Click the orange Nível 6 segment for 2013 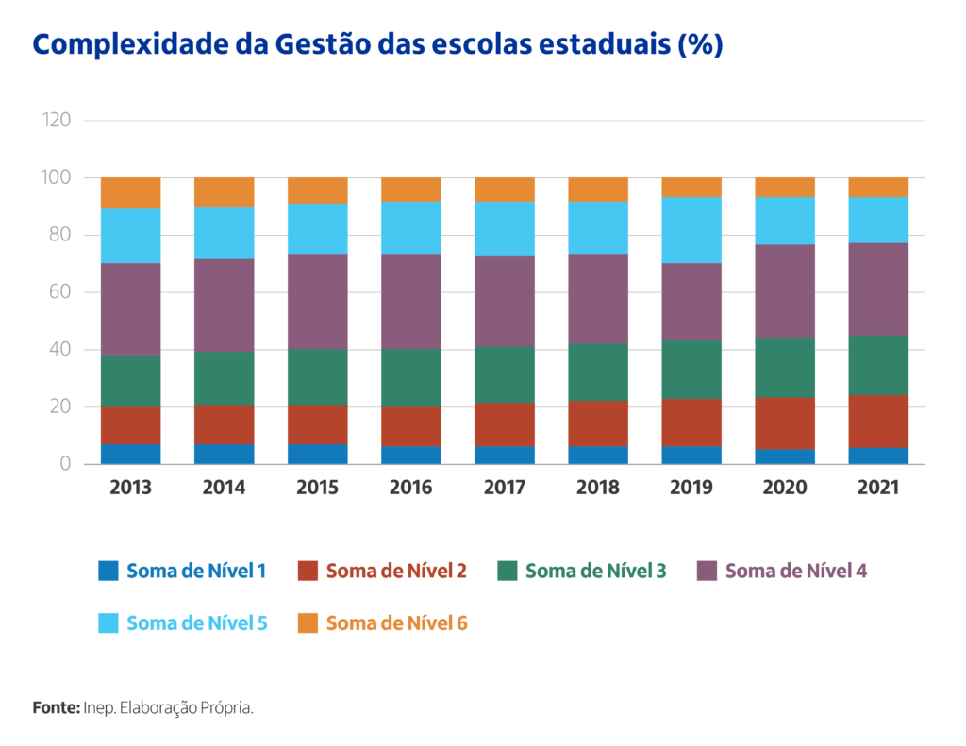click(131, 193)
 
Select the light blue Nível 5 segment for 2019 click(691, 230)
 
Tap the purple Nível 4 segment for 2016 click(411, 302)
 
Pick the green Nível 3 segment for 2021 click(878, 366)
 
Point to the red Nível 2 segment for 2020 click(785, 423)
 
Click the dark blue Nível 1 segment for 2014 click(225, 455)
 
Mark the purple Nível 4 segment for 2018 click(598, 299)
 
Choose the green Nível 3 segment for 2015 click(318, 377)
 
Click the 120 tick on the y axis click(57, 121)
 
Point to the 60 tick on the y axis click(60, 292)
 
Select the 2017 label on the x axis click(505, 488)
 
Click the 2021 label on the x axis click(878, 488)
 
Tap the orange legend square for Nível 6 click(308, 622)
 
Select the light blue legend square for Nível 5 click(108, 622)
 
